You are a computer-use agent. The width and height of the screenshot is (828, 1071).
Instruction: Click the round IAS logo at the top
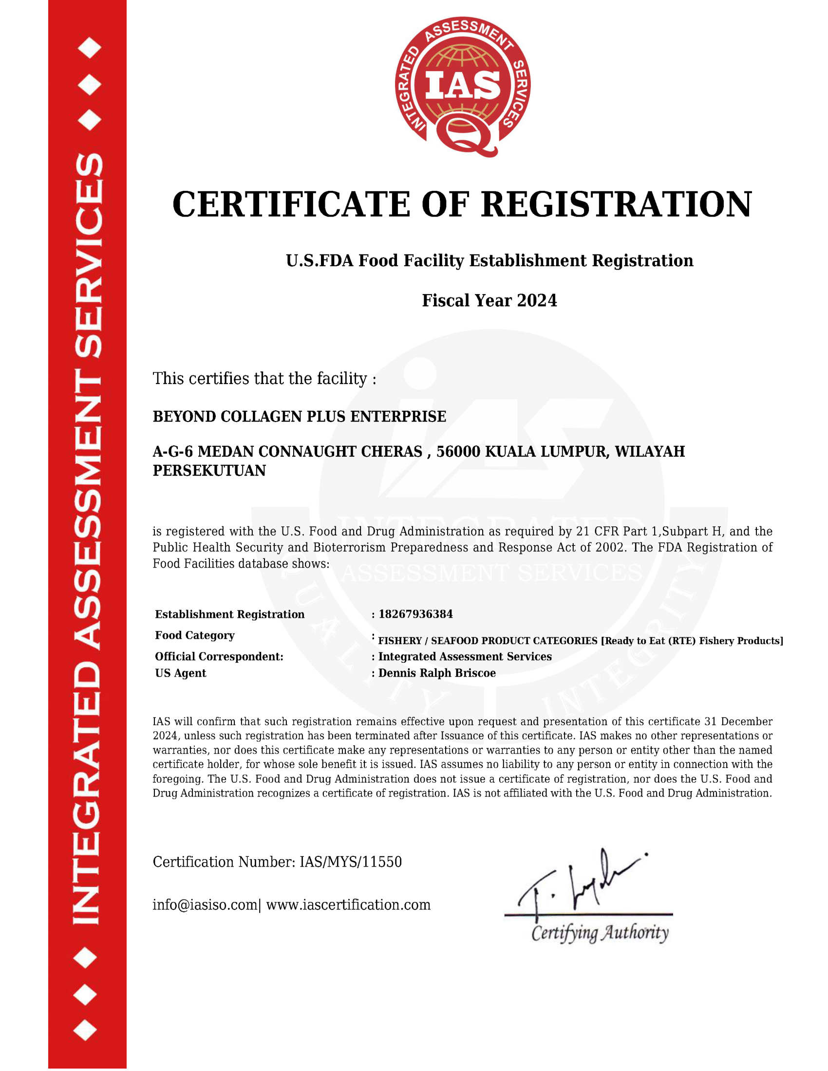pyautogui.click(x=462, y=86)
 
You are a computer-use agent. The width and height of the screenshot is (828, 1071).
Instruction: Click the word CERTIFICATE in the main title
pyautogui.click(x=291, y=204)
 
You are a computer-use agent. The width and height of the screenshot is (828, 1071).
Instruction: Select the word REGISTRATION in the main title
pyautogui.click(x=616, y=204)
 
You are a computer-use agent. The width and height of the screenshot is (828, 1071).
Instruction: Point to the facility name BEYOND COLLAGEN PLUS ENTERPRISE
pyautogui.click(x=299, y=416)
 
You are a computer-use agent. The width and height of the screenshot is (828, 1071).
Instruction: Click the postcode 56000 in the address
pyautogui.click(x=458, y=451)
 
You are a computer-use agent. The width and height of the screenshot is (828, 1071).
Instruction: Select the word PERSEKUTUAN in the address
pyautogui.click(x=209, y=470)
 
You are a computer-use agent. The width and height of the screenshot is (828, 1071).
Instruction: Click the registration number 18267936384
pyautogui.click(x=415, y=614)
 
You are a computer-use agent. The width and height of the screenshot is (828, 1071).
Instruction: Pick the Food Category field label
pyautogui.click(x=195, y=635)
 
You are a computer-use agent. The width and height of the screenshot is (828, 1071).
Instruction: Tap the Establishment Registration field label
pyautogui.click(x=229, y=614)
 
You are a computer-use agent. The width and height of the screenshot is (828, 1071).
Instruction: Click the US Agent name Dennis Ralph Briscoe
pyautogui.click(x=436, y=673)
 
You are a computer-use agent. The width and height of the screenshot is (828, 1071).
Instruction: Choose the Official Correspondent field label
pyautogui.click(x=219, y=656)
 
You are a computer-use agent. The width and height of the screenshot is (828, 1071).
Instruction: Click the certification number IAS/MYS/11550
pyautogui.click(x=350, y=862)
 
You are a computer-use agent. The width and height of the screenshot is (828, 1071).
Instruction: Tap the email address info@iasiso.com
pyautogui.click(x=205, y=905)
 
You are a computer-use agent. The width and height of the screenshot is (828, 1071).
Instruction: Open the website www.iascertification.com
pyautogui.click(x=348, y=905)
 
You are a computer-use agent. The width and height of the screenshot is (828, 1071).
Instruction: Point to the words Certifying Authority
pyautogui.click(x=600, y=933)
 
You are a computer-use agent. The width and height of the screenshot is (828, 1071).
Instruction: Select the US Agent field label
pyautogui.click(x=181, y=673)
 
